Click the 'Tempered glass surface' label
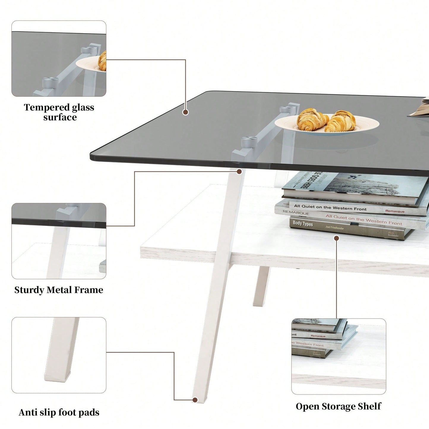point(59,112)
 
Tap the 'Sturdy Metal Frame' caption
point(59,290)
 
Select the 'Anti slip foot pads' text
point(59,412)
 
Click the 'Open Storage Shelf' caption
point(338,406)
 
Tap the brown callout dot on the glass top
point(186,112)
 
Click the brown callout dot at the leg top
point(239,171)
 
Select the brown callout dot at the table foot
point(195,400)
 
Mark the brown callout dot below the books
point(336,238)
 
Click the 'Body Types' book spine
point(303,223)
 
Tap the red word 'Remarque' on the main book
point(395,211)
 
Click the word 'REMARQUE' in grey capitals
point(296,213)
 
